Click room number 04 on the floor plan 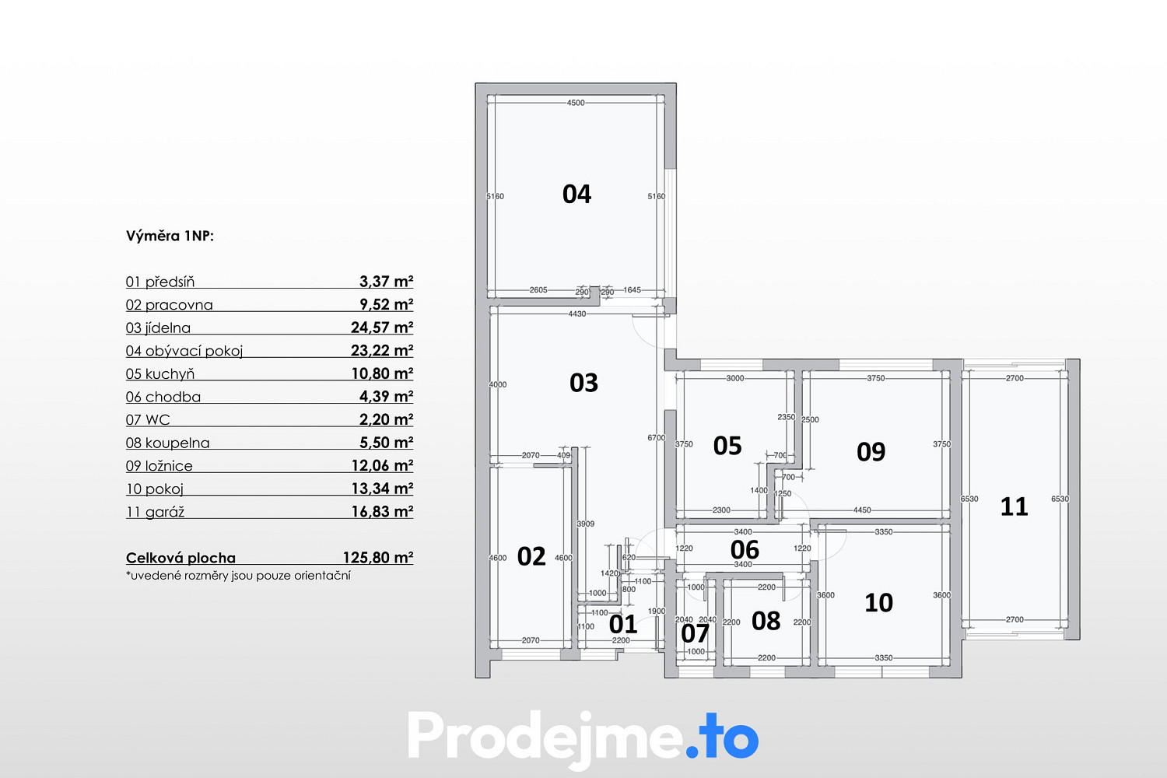[x=576, y=194]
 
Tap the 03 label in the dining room [x=583, y=383]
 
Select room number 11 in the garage [x=1014, y=507]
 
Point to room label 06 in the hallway [x=745, y=550]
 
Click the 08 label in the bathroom [x=766, y=621]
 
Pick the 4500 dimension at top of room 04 [x=576, y=103]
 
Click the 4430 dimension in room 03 [x=577, y=314]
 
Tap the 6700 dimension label [x=657, y=438]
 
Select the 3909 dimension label [x=586, y=524]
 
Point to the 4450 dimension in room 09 [x=862, y=510]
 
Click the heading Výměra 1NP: [x=170, y=236]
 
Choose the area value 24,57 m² [x=382, y=328]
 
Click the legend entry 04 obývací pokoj [x=184, y=351]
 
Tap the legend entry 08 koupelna [x=168, y=443]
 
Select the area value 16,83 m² [x=383, y=511]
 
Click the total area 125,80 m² [x=378, y=558]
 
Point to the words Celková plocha [x=180, y=558]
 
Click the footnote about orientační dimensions [x=239, y=576]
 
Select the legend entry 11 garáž [x=156, y=512]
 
